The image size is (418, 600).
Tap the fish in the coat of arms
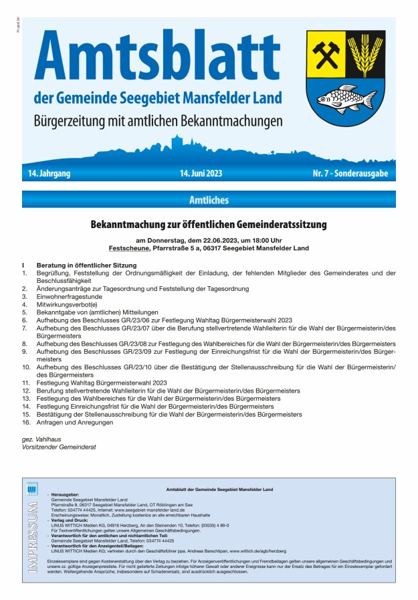[x=346, y=98]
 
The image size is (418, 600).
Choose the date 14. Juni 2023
[x=201, y=174]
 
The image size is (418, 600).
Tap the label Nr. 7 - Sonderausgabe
[x=350, y=174]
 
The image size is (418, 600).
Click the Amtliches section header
[x=209, y=199]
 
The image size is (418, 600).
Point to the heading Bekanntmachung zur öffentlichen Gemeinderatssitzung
[x=209, y=225]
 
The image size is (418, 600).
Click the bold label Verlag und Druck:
[x=70, y=520]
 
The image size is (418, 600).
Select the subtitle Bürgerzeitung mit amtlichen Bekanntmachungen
[x=158, y=122]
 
